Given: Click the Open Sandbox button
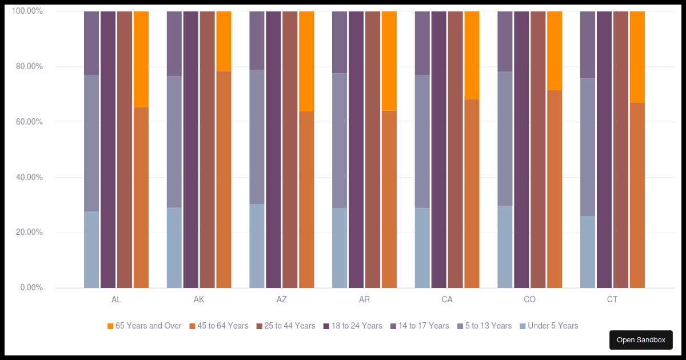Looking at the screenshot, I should click(641, 340).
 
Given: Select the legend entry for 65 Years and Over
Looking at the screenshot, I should click(144, 326).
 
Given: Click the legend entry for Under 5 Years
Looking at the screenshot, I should click(549, 326).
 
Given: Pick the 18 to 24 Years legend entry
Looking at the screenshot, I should click(352, 326).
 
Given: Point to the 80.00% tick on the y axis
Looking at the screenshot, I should click(27, 67).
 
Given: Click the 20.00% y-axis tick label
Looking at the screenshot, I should click(27, 233).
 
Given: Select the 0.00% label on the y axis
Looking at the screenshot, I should click(30, 288).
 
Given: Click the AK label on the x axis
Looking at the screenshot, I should click(199, 300).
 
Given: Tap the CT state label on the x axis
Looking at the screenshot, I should click(612, 300).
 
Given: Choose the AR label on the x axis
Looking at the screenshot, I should click(364, 300).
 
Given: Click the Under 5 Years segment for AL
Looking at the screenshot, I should click(91, 250).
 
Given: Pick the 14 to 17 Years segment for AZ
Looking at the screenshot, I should click(257, 40).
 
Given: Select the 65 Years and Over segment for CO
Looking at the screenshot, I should click(555, 50).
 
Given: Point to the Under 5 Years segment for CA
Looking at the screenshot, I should click(422, 248).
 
